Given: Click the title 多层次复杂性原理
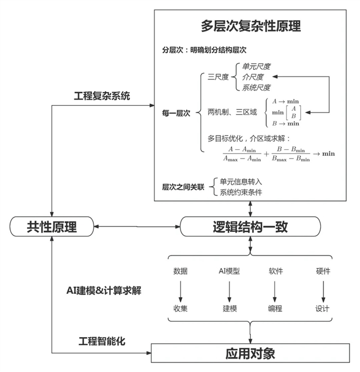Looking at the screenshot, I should pyautogui.click(x=251, y=26).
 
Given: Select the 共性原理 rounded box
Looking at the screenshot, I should pyautogui.click(x=51, y=227).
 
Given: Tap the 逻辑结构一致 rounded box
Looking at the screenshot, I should pyautogui.click(x=250, y=227).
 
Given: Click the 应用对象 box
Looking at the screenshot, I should pyautogui.click(x=250, y=354).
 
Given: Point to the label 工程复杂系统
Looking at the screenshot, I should pyautogui.click(x=102, y=96).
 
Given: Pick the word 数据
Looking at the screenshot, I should pyautogui.click(x=181, y=271).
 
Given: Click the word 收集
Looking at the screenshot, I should pyautogui.click(x=181, y=309).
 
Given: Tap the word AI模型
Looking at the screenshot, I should pyautogui.click(x=229, y=271).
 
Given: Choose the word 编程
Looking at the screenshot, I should pyautogui.click(x=276, y=309).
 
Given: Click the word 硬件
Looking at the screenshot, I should pyautogui.click(x=323, y=271).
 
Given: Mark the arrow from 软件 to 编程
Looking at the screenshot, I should pyautogui.click(x=276, y=290).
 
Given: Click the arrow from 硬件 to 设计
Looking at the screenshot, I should pyautogui.click(x=323, y=290).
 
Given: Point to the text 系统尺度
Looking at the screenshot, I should pyautogui.click(x=256, y=87).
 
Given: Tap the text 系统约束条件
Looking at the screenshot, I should pyautogui.click(x=241, y=192).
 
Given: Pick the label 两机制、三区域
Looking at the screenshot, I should pyautogui.click(x=232, y=112).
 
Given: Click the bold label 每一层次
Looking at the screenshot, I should pyautogui.click(x=176, y=113).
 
